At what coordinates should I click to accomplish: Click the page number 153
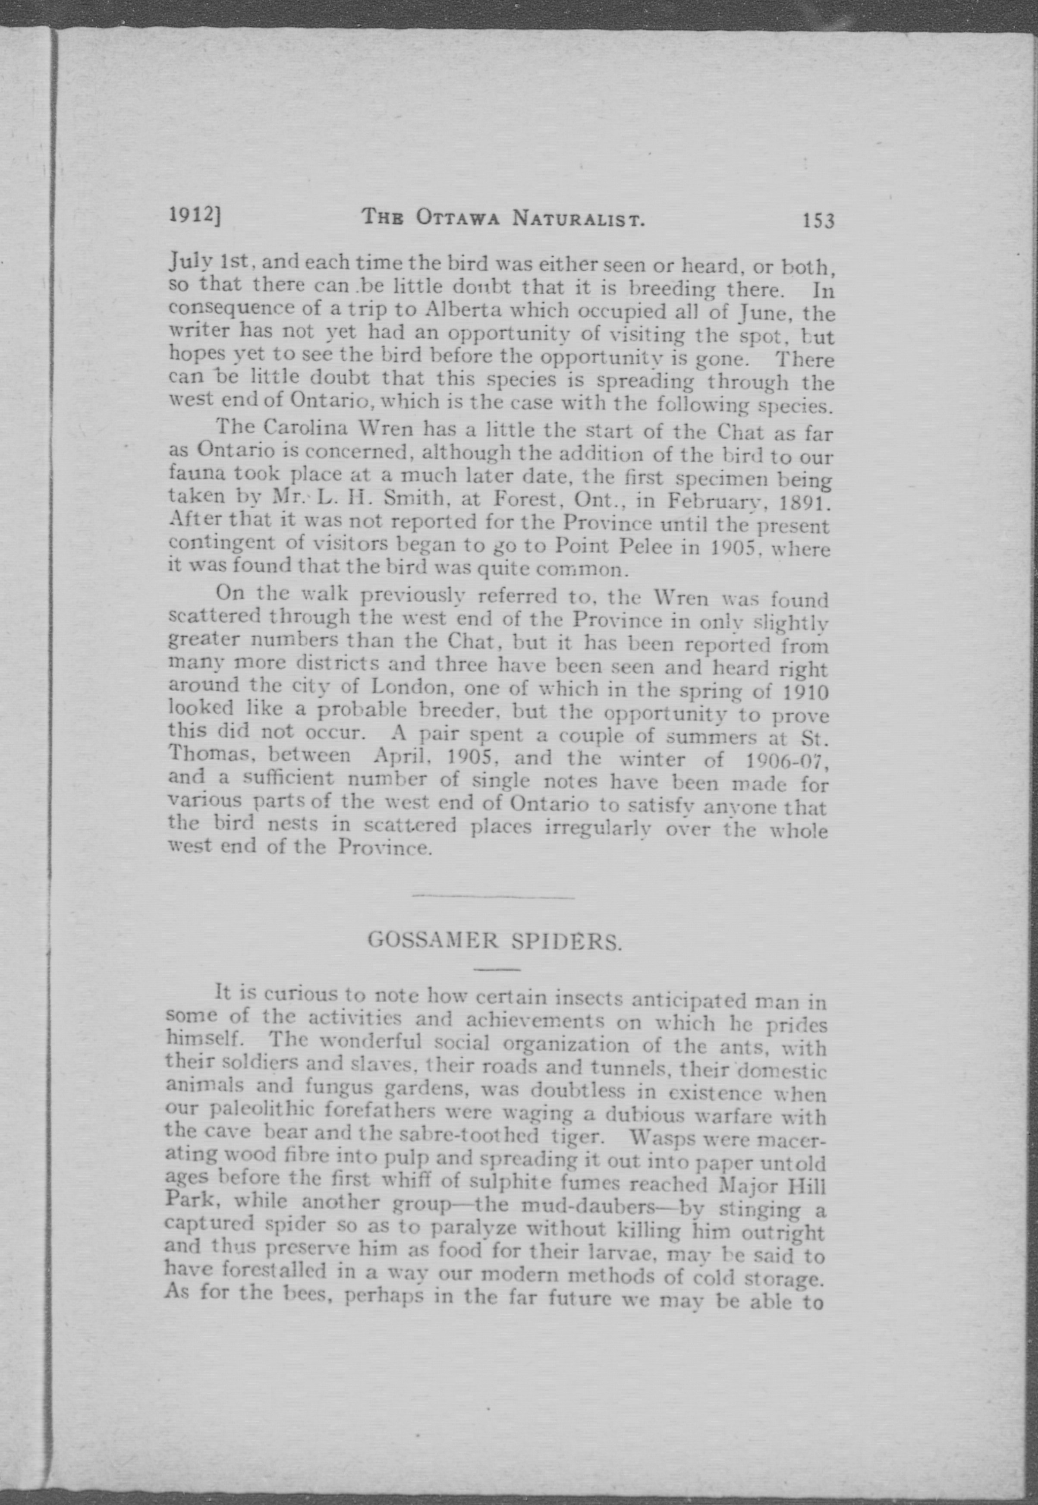(x=818, y=220)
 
